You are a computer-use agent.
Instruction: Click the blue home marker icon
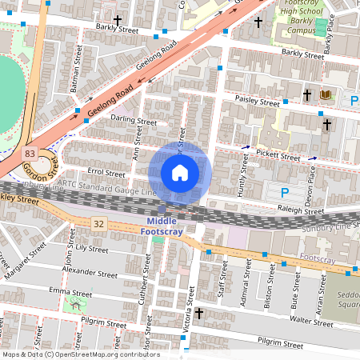coord(180,173)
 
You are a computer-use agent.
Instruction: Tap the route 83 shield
coord(30,152)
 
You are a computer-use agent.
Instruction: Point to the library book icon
coord(325,95)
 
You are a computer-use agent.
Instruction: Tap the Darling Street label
coord(134,122)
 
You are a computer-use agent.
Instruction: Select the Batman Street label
coord(78,71)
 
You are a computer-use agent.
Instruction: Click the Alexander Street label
coord(90,272)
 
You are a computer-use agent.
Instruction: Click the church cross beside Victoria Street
coord(199,313)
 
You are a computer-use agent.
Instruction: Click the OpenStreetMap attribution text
coord(80,354)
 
